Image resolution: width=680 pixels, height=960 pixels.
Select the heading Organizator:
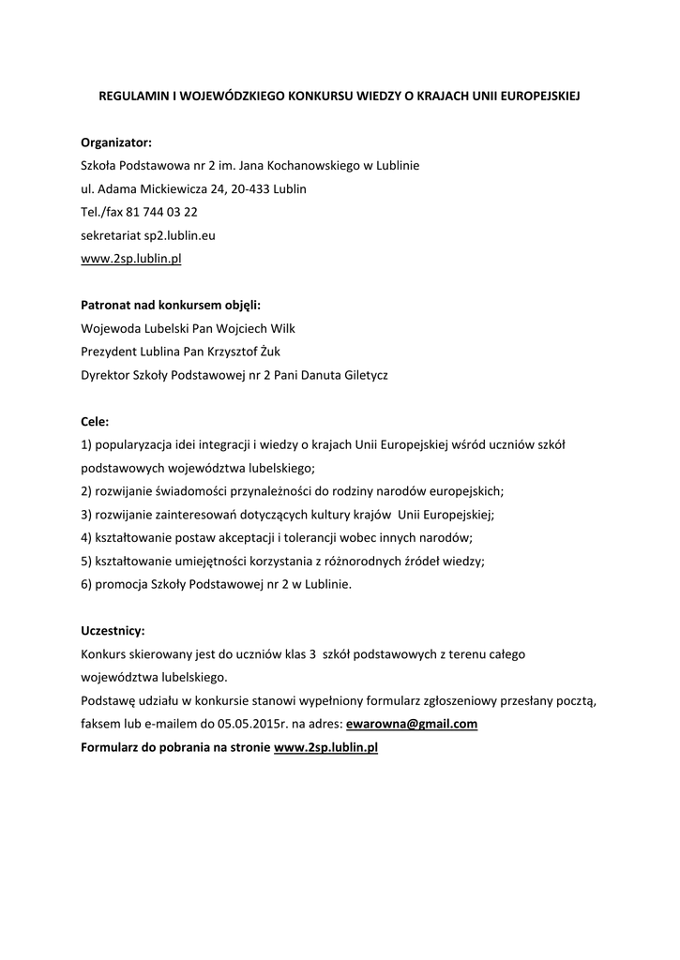tap(115, 142)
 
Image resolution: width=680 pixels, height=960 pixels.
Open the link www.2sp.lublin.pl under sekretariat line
tap(130, 258)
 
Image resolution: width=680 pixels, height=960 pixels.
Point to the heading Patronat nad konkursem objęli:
tap(171, 305)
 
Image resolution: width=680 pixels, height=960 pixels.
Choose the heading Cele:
tap(95, 421)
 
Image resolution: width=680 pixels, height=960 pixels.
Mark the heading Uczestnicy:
tap(113, 630)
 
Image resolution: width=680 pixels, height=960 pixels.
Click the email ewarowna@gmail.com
tap(412, 724)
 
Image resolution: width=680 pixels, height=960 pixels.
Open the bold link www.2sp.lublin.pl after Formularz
tap(325, 747)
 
